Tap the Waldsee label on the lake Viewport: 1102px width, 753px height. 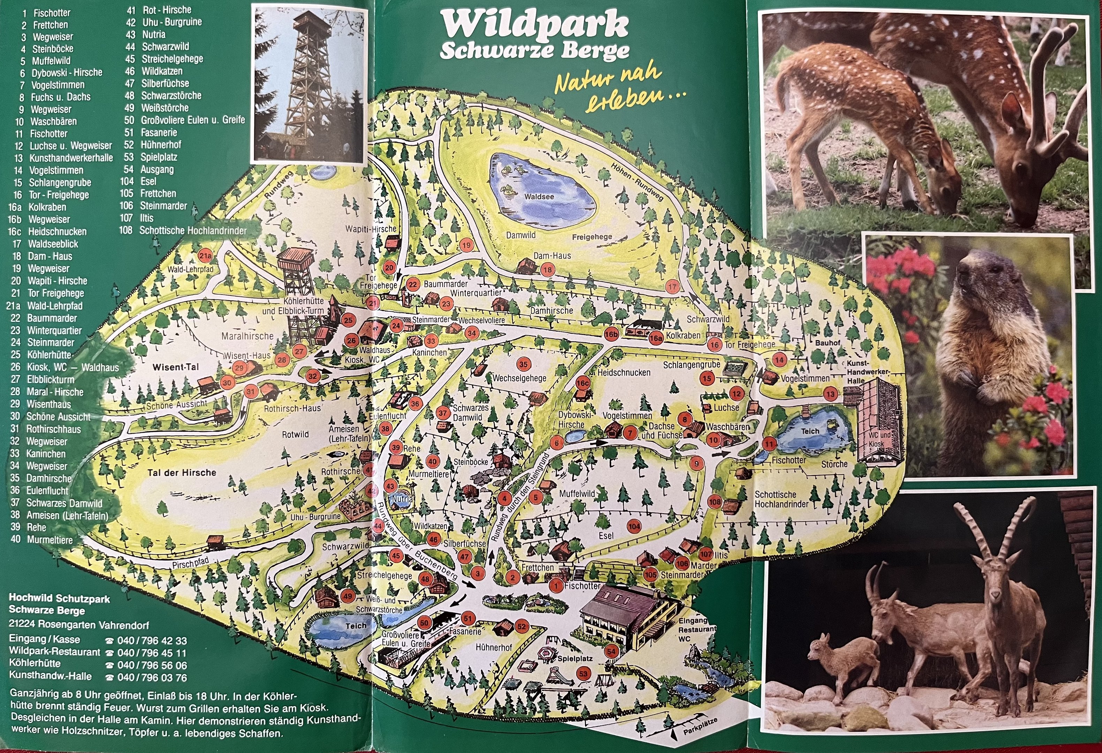coord(539,196)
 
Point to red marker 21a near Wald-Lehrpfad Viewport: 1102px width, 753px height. coord(205,256)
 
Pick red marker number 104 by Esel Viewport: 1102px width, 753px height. coord(633,526)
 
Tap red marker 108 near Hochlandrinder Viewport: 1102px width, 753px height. coord(715,502)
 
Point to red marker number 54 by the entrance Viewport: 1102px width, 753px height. coord(611,651)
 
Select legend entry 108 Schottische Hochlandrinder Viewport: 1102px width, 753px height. coord(185,231)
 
